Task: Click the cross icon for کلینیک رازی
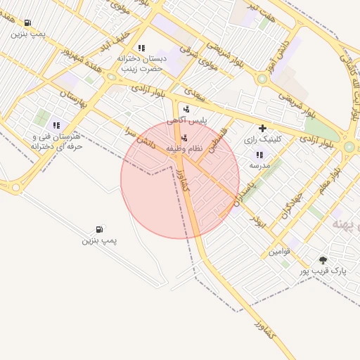(x=262, y=128)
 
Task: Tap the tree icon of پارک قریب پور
(x=323, y=259)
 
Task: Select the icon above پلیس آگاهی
(x=186, y=109)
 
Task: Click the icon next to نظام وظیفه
(x=184, y=138)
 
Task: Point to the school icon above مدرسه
(x=259, y=154)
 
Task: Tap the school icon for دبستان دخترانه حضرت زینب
(x=141, y=48)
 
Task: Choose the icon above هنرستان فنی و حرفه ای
(x=56, y=125)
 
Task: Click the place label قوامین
(x=280, y=250)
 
